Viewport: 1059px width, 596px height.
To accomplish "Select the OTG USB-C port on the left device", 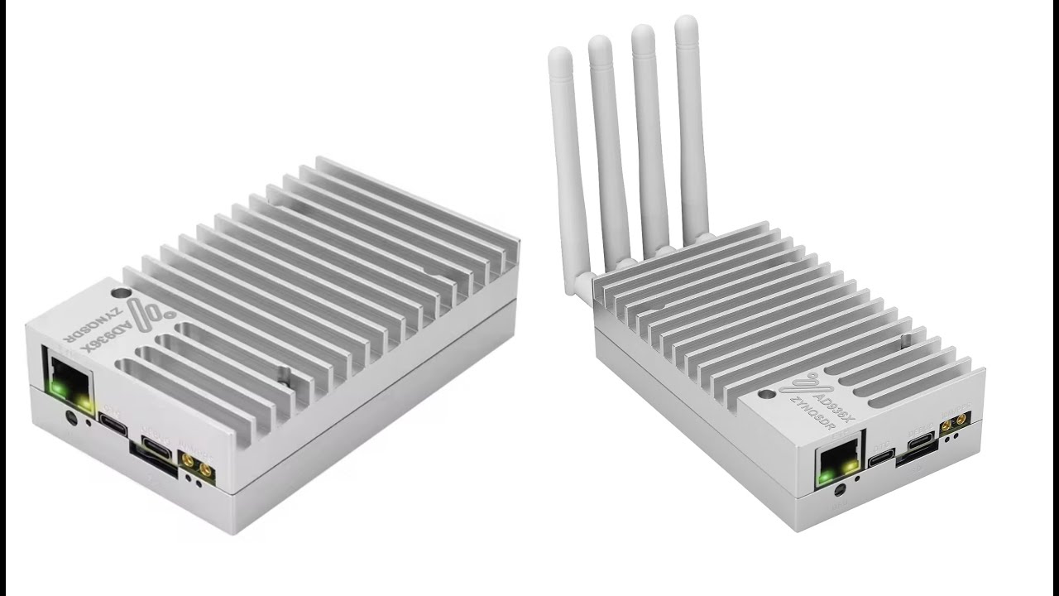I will coord(113,421).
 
